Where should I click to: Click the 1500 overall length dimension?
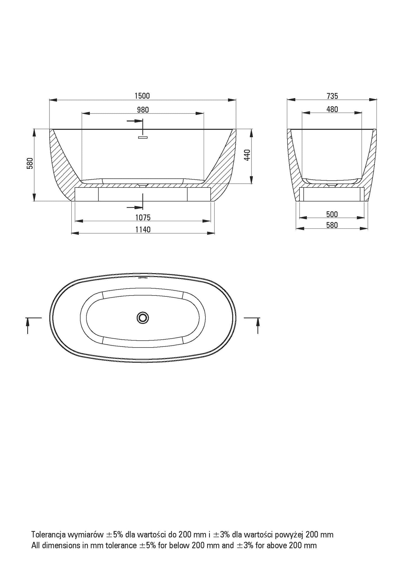tap(142, 96)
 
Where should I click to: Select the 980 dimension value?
tap(143, 110)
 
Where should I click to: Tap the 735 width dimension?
tap(332, 96)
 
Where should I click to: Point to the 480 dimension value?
tap(332, 109)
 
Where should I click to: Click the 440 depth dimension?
tap(247, 155)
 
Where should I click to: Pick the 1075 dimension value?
tap(143, 217)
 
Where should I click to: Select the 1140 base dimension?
tap(143, 230)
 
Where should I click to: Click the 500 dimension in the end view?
tap(332, 214)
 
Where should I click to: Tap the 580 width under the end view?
tap(332, 225)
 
